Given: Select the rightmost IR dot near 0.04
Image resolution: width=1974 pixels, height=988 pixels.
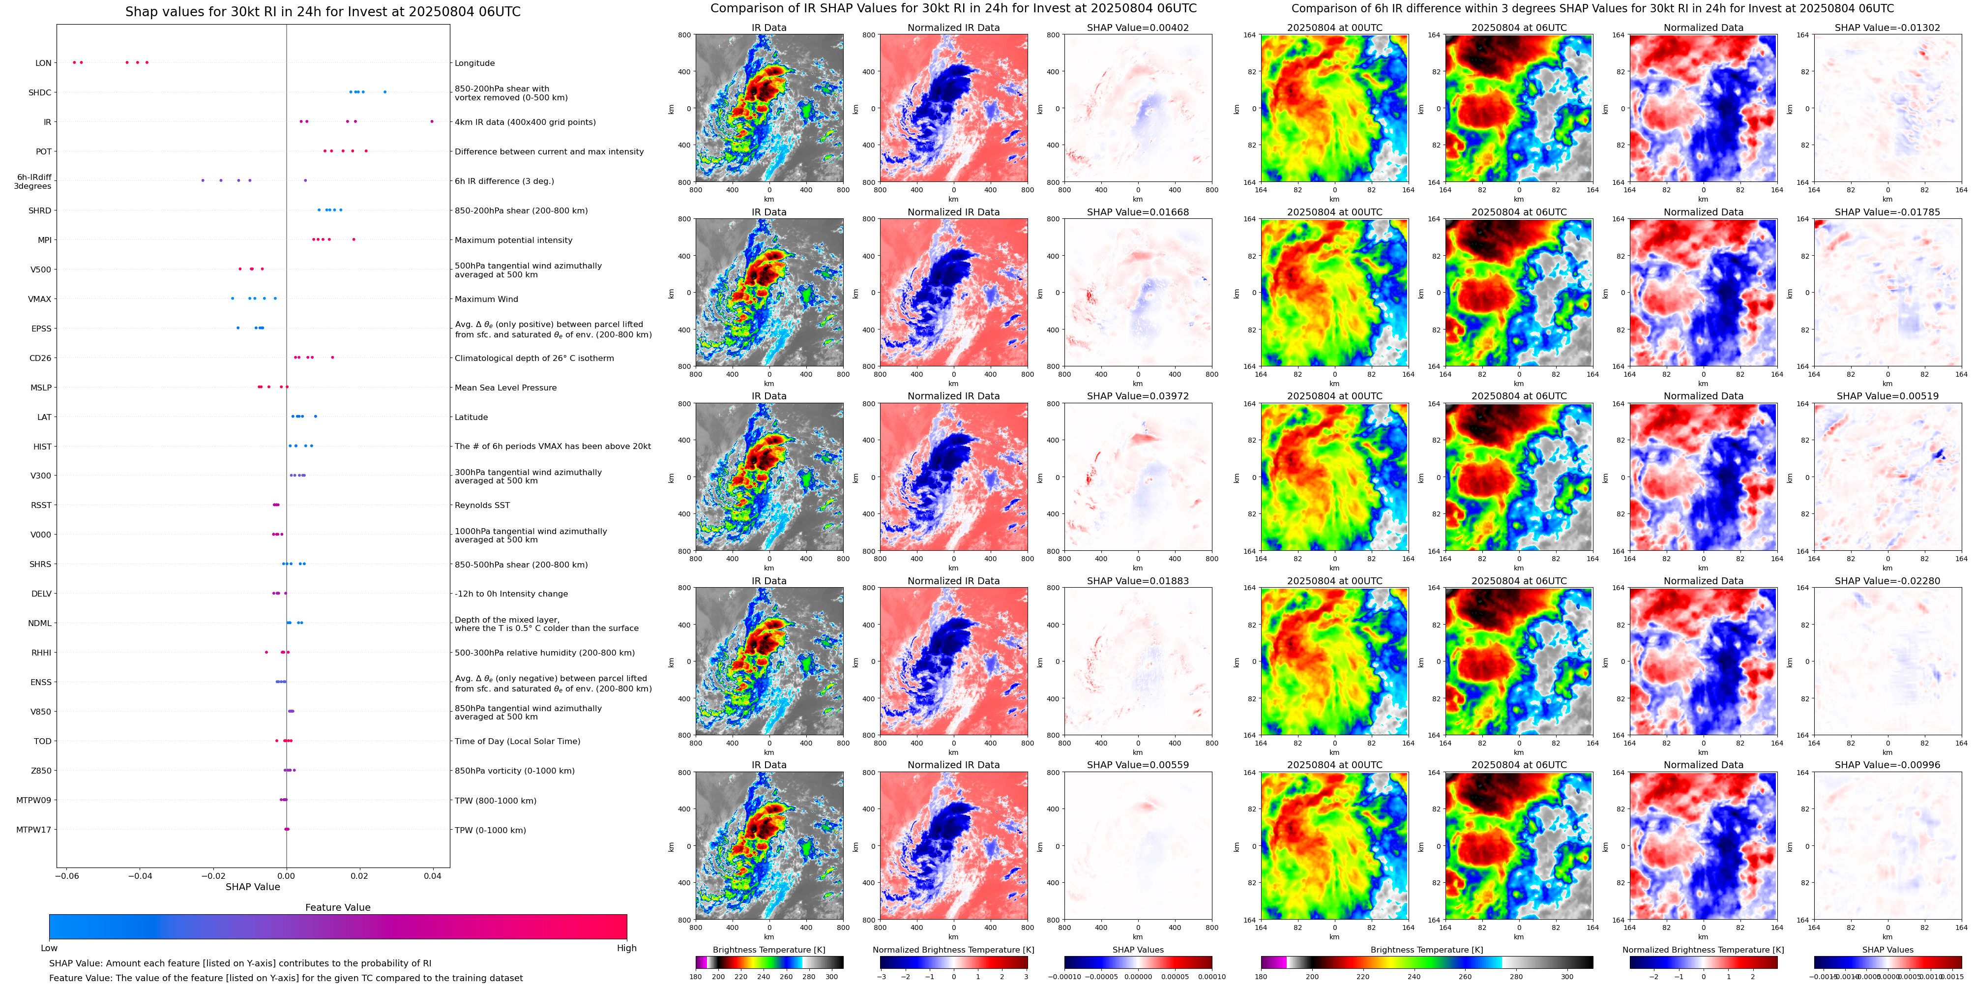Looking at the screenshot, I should pyautogui.click(x=432, y=121).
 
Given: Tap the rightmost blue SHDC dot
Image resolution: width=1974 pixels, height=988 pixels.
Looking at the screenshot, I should pyautogui.click(x=384, y=92).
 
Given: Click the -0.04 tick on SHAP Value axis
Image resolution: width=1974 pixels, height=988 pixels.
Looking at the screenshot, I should pyautogui.click(x=140, y=876).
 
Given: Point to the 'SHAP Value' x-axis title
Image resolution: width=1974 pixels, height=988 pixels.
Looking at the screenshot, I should pyautogui.click(x=252, y=887).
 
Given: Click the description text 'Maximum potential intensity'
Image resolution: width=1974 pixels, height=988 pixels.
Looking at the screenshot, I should pyautogui.click(x=513, y=240).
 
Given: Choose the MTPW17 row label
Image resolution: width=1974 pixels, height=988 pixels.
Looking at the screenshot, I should pyautogui.click(x=34, y=829).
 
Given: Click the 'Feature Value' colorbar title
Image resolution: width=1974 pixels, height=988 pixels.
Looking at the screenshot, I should pyautogui.click(x=337, y=907).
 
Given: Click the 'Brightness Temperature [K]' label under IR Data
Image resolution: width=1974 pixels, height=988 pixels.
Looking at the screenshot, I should pyautogui.click(x=768, y=950).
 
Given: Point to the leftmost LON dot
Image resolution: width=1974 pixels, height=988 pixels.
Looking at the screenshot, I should pyautogui.click(x=74, y=62).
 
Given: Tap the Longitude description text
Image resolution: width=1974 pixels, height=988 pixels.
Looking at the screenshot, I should pyautogui.click(x=474, y=63).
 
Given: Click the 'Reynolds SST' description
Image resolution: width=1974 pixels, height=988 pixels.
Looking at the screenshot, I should pyautogui.click(x=482, y=505).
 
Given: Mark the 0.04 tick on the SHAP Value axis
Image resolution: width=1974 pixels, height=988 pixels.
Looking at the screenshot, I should pyautogui.click(x=432, y=876).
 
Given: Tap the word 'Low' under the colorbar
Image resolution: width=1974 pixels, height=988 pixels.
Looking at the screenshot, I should pyautogui.click(x=49, y=948).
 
